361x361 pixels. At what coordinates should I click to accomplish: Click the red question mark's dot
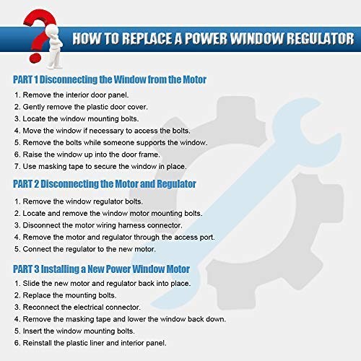point(35,58)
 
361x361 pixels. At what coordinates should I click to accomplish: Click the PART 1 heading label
point(25,79)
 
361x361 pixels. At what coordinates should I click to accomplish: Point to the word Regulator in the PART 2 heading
point(176,184)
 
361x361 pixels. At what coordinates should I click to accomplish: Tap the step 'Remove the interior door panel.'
point(71,95)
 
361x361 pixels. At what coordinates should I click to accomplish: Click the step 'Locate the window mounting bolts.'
point(77,119)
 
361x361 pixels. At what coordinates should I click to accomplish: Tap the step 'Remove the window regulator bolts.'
point(79,201)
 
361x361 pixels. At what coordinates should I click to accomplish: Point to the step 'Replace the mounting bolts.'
point(66,295)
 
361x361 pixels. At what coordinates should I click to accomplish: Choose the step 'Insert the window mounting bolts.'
point(74,331)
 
